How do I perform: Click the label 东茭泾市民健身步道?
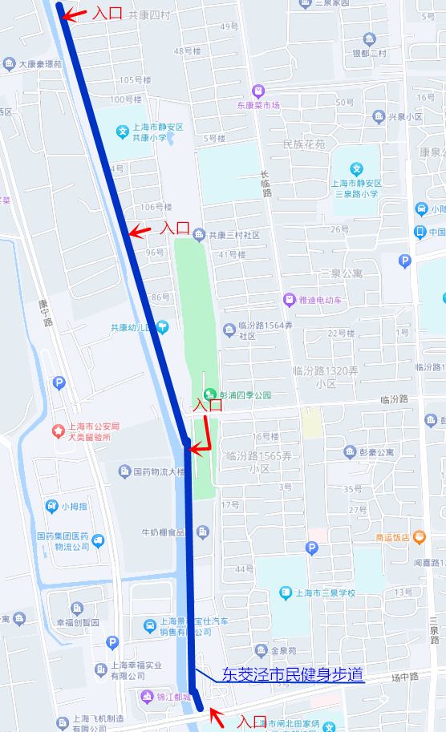click(x=293, y=675)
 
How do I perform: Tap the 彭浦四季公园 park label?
click(x=244, y=394)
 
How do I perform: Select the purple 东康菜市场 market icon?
click(x=257, y=90)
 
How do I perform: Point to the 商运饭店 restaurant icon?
click(x=420, y=536)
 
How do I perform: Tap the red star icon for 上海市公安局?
click(x=59, y=431)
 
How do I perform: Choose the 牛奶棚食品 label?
click(x=163, y=532)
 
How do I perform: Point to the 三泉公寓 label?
click(x=341, y=273)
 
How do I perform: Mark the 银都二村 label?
click(x=369, y=54)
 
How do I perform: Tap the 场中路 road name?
click(x=406, y=677)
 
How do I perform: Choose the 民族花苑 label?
click(x=305, y=145)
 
